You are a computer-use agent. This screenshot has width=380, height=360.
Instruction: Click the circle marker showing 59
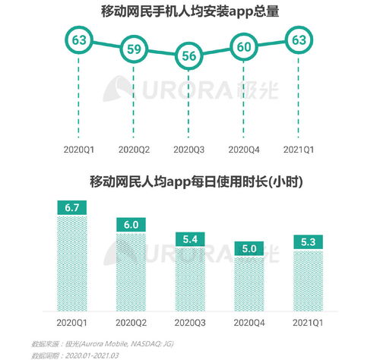coord(133,49)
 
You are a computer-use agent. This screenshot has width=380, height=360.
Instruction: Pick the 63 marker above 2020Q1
coord(79,39)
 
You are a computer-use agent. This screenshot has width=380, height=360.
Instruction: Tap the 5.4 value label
coord(187,239)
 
